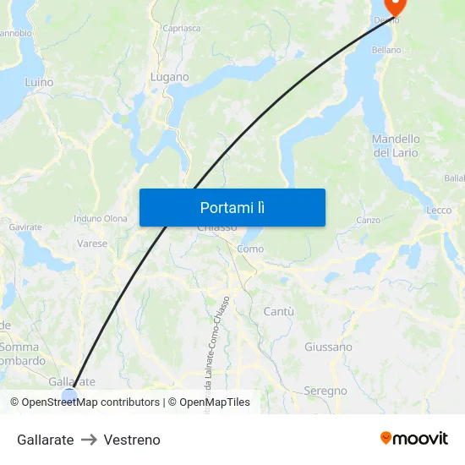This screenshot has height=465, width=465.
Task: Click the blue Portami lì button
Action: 232,207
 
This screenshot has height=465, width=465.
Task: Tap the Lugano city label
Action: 169,77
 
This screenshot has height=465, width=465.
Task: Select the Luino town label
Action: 39,83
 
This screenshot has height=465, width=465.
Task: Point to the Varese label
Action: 92,243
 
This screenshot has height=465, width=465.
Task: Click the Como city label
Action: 250,249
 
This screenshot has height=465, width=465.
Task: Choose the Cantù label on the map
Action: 279,312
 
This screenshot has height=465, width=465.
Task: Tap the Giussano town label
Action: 328,347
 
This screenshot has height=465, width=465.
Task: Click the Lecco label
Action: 439,211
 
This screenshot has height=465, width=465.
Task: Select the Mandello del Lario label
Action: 396,145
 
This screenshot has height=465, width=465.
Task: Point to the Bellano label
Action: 386,51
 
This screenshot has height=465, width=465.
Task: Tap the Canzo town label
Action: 368,220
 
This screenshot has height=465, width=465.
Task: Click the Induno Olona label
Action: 101,219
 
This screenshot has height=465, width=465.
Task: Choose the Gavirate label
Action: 25,227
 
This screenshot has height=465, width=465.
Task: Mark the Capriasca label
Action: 182,28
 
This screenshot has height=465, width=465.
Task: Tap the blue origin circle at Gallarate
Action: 69,395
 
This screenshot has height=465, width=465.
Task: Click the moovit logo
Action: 414,439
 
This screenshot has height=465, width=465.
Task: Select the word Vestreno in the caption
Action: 132,440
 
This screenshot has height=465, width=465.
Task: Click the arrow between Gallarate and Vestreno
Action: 89,440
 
